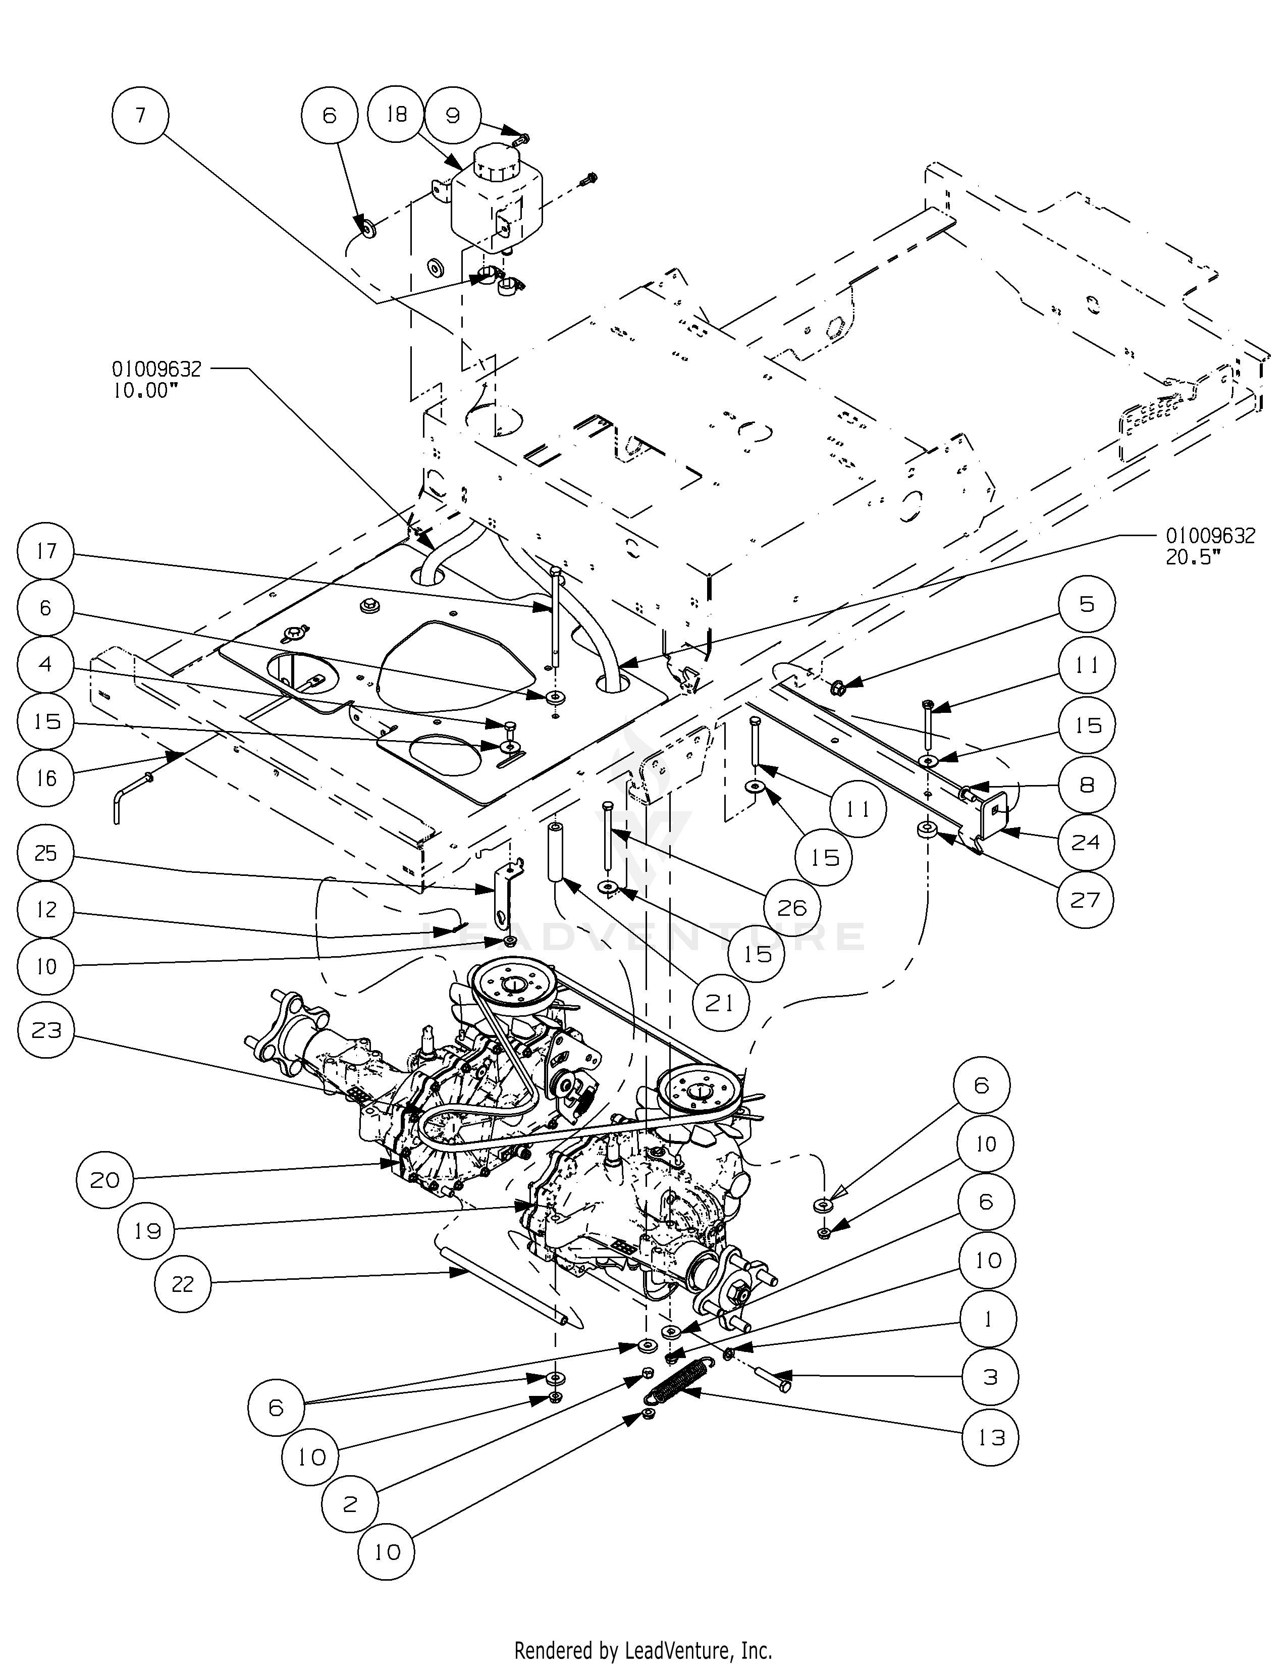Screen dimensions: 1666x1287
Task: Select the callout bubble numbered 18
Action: [396, 115]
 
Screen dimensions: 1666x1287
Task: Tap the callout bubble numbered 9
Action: [453, 116]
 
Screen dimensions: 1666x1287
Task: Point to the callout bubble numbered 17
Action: [46, 551]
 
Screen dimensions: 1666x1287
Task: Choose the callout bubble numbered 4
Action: [46, 664]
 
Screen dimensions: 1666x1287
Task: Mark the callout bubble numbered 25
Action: [46, 853]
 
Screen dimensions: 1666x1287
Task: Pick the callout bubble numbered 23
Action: [46, 1030]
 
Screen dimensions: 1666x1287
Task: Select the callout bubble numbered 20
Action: [104, 1180]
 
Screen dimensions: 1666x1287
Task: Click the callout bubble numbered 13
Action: [990, 1437]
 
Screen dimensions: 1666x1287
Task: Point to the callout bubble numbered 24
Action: [1086, 842]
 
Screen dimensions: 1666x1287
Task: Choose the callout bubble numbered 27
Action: [1086, 900]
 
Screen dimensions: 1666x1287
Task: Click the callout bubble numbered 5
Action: [1087, 604]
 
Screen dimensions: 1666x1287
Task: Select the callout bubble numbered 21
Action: [720, 1003]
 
